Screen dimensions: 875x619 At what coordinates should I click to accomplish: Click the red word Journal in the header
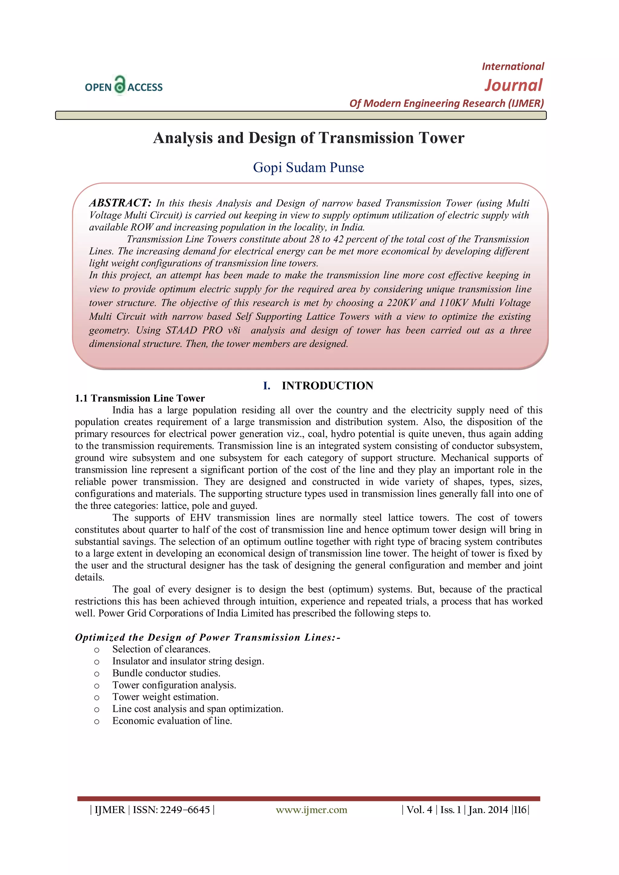pos(513,85)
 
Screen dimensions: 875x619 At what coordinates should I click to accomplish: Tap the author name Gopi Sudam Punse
pos(308,167)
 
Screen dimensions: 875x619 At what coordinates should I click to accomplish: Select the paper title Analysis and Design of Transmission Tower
pos(308,138)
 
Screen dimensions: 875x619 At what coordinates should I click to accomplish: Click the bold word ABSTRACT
pos(120,203)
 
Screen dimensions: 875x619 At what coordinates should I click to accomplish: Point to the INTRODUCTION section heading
pos(327,386)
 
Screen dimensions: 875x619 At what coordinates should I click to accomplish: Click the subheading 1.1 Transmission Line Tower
pos(140,398)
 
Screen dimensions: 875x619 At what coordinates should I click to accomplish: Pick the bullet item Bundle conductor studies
pos(166,673)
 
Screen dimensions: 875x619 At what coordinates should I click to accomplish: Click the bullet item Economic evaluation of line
pos(172,721)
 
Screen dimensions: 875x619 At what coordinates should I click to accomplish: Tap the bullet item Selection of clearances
pos(161,649)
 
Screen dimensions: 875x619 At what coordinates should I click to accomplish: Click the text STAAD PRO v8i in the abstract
pos(203,330)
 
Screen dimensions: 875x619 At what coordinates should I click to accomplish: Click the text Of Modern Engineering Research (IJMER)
pos(446,103)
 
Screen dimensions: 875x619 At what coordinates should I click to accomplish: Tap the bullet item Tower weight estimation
pos(165,697)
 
